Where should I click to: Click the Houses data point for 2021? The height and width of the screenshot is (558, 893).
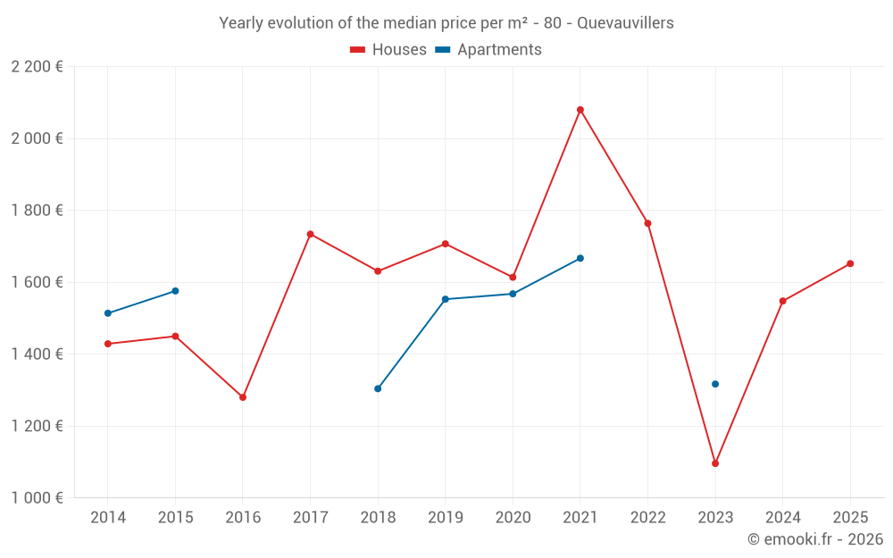click(x=580, y=110)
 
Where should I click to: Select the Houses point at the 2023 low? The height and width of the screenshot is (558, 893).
click(x=715, y=463)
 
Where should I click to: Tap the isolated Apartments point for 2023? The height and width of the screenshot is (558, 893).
click(x=715, y=384)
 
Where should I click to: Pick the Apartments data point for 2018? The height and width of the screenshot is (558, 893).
click(x=378, y=388)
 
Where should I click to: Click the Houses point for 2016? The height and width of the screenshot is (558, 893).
click(x=243, y=397)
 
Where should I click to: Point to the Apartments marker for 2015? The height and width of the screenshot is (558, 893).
click(x=175, y=291)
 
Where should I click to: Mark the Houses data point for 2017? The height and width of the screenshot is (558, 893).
click(x=310, y=234)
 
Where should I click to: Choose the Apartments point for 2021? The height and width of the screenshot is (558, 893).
click(x=580, y=258)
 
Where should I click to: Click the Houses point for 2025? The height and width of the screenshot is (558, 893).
click(x=850, y=263)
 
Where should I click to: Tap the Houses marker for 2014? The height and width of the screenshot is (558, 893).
click(x=108, y=344)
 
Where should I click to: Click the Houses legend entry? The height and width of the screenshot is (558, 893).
click(x=388, y=50)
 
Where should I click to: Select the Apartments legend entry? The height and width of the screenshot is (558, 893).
click(x=488, y=50)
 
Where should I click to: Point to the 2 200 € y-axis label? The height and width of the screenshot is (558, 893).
click(x=37, y=67)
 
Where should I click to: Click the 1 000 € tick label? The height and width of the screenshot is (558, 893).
click(x=37, y=498)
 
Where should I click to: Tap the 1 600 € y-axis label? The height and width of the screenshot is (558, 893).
click(x=37, y=282)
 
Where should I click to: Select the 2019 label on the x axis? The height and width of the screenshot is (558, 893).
click(x=446, y=518)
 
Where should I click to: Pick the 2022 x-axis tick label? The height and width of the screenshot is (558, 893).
click(x=647, y=518)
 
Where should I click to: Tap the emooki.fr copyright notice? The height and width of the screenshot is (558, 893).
click(x=814, y=539)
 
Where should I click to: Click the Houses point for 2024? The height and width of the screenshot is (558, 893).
click(x=783, y=301)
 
